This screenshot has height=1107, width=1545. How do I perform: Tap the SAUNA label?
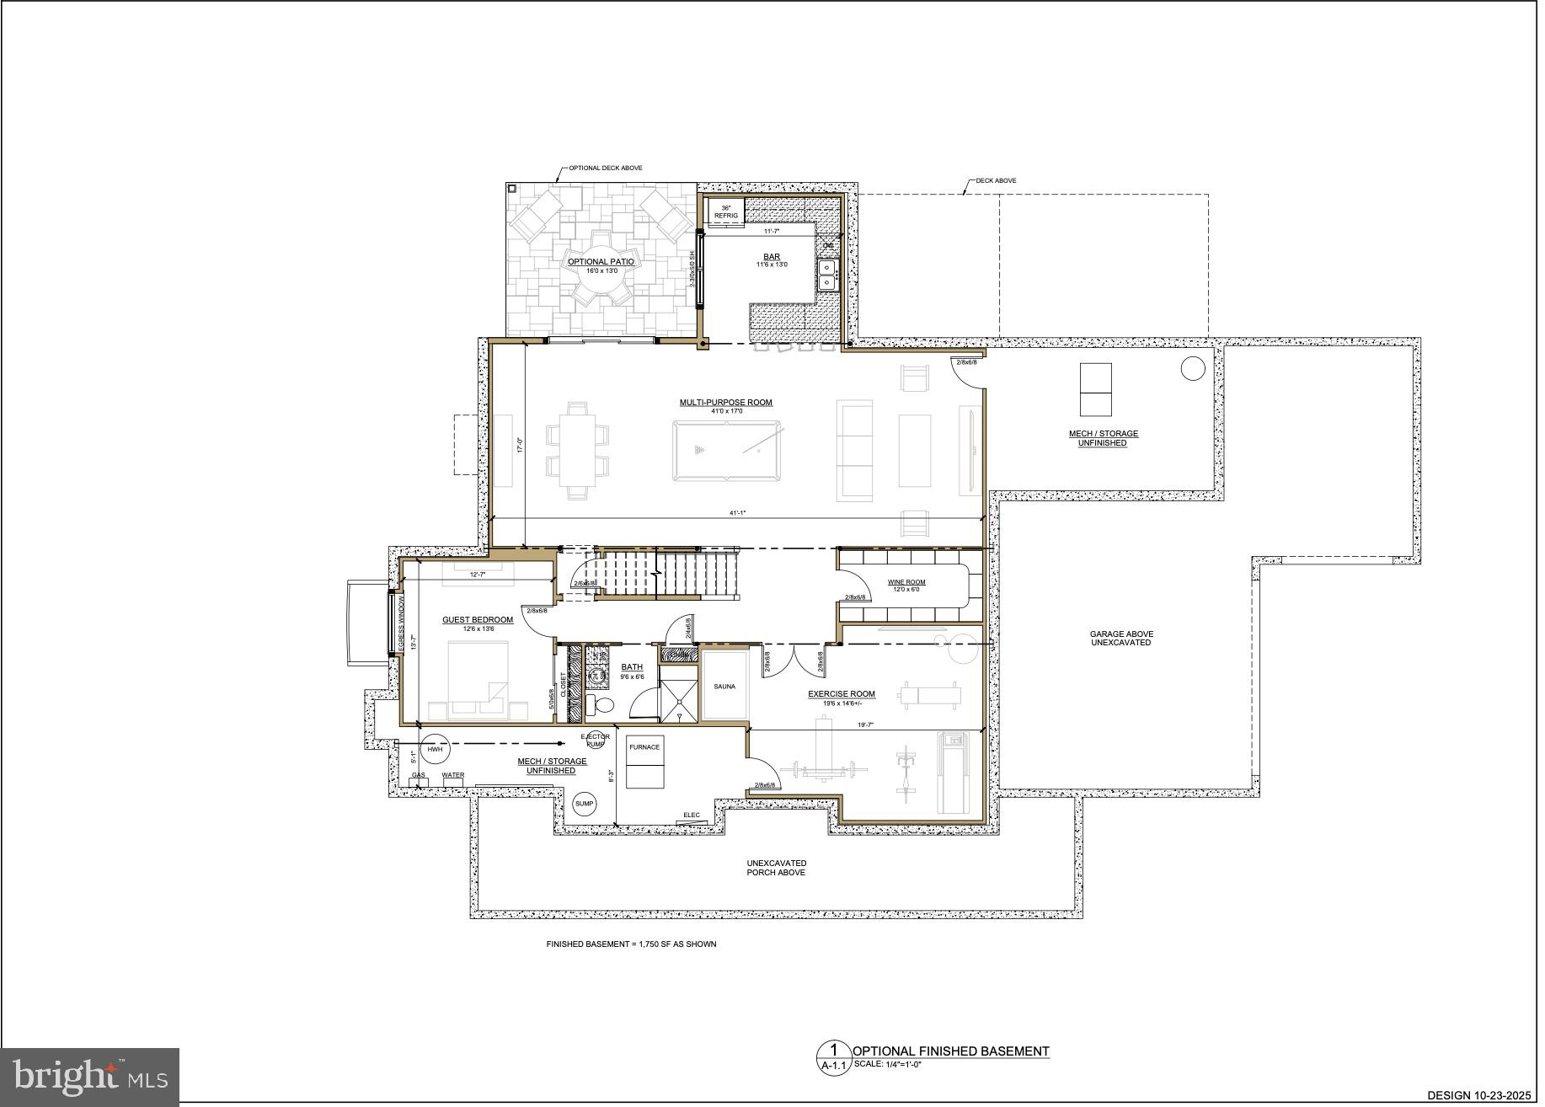(x=724, y=687)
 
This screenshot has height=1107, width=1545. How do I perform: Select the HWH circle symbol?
(x=435, y=750)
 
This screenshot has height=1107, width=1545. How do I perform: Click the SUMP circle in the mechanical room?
(x=584, y=804)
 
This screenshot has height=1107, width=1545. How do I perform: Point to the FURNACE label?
(x=644, y=747)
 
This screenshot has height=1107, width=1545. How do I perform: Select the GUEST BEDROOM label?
(x=477, y=621)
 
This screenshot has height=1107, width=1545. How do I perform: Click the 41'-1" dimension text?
(x=738, y=513)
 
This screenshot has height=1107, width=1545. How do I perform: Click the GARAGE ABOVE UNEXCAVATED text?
(x=1121, y=639)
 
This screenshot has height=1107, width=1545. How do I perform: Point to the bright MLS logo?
(x=90, y=1077)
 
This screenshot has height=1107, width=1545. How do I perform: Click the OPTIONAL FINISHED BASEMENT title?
(x=951, y=1051)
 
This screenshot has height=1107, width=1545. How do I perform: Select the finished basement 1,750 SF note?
(x=631, y=944)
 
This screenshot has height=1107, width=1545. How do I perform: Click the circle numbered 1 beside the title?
(x=834, y=1051)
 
